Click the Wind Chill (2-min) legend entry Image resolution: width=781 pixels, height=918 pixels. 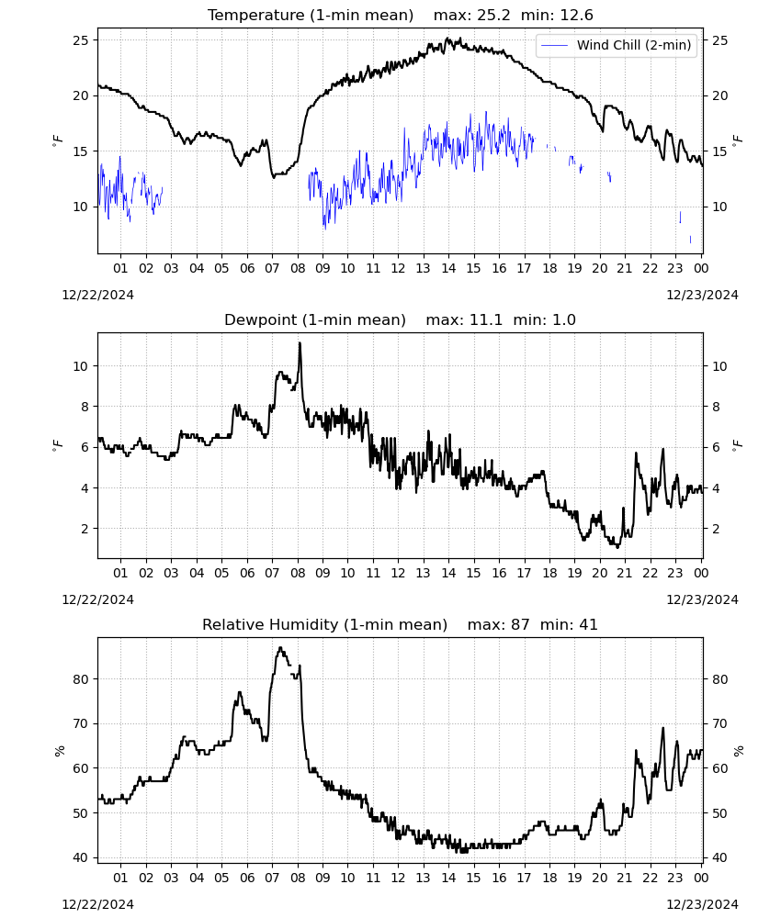617,45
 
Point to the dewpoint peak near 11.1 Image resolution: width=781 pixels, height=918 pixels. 300,343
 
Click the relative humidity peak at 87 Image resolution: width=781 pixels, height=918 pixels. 280,648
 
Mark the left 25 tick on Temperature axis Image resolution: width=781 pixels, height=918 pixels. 81,40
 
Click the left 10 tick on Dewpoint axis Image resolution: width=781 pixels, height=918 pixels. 81,366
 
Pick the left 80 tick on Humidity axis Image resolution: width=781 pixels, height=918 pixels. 81,679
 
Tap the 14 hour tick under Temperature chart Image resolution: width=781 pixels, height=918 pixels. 448,268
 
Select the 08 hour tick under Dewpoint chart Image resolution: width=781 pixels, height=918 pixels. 298,573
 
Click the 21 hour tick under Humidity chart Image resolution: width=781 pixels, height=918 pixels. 625,878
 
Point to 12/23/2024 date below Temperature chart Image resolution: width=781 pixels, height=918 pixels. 702,295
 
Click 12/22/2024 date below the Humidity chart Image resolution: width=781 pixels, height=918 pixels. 97,904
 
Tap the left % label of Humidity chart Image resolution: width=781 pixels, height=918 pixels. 59,751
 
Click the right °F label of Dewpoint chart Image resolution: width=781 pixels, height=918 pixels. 738,446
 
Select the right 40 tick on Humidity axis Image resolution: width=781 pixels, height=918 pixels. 720,857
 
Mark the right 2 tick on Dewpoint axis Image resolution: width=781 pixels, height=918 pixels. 716,529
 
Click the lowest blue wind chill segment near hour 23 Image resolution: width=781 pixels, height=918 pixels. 690,240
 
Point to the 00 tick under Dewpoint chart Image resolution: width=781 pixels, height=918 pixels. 701,573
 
